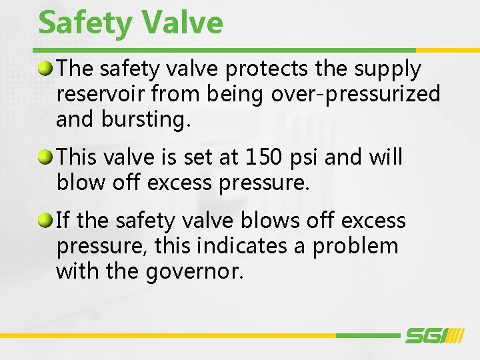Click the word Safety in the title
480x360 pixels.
[85, 23]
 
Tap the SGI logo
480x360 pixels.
[433, 336]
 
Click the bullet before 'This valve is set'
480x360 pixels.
[45, 157]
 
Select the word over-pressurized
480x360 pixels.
[356, 95]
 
